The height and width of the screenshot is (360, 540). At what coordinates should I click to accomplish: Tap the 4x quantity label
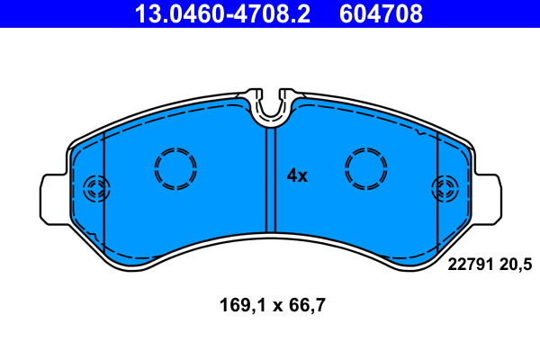[297, 175]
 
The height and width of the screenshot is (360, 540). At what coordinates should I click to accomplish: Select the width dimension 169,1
[238, 304]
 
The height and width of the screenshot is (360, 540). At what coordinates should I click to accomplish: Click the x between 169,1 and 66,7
[272, 305]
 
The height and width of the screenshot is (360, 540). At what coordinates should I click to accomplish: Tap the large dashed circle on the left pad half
[175, 167]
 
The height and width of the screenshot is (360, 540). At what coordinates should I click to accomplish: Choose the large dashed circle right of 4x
[367, 167]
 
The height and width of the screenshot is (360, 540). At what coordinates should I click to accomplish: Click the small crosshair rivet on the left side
[94, 190]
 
